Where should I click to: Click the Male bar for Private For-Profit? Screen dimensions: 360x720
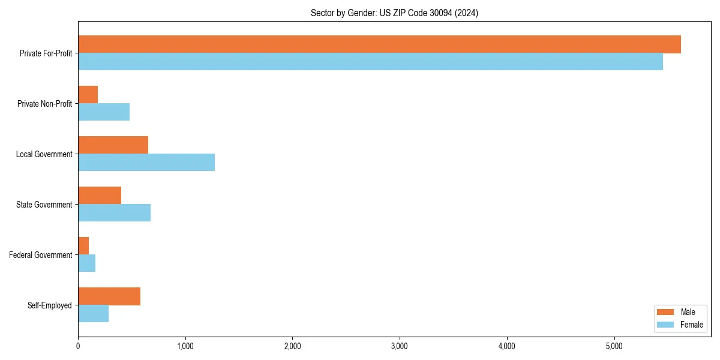379,44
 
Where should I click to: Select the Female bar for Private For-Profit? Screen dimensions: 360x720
370,62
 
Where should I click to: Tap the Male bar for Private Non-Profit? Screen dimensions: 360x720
88,95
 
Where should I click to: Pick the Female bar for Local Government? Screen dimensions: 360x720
146,163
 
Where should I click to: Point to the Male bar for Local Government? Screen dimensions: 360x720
113,145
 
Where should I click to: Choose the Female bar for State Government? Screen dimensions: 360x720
114,213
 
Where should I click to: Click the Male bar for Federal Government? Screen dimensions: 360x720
83,246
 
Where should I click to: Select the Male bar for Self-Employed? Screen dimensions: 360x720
109,296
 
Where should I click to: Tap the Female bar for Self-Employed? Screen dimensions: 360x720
93,314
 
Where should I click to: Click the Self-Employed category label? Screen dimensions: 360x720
50,305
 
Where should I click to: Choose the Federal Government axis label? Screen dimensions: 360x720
41,255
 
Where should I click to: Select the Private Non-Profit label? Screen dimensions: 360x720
44,104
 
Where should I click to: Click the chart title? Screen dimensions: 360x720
394,13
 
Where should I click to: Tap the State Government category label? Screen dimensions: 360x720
44,205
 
